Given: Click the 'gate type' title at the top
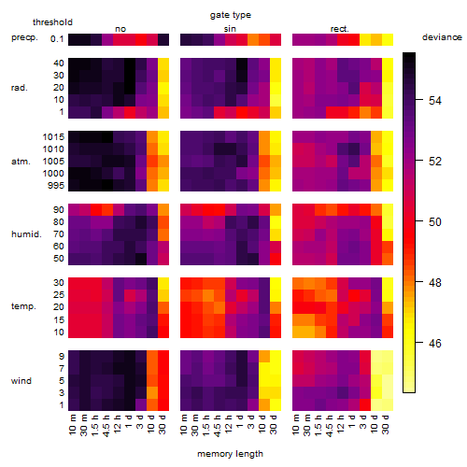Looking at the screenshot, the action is tap(231, 15).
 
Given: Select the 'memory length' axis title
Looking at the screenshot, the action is tap(230, 454).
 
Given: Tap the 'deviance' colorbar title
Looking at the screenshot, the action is tap(442, 37).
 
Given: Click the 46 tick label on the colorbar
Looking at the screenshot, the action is tap(435, 343).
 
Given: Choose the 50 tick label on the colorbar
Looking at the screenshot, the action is tap(435, 222).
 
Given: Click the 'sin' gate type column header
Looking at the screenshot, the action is tap(230, 29).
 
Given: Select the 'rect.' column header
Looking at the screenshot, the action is tap(340, 29).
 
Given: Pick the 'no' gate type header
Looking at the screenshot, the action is tap(120, 29).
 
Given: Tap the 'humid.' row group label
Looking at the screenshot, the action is tap(26, 234).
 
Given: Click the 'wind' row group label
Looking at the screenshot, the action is tap(21, 381).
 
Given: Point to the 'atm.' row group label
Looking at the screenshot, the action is tap(21, 162).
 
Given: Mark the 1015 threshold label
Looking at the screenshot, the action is tap(53, 137).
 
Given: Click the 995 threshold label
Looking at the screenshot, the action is tap(56, 186).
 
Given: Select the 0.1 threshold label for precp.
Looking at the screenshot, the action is tap(57, 39).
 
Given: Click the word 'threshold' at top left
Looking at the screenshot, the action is tap(52, 22).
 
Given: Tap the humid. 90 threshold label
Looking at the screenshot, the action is tap(59, 210).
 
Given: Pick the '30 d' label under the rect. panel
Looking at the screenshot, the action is tap(386, 424).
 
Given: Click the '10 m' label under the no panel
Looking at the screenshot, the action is tap(72, 424).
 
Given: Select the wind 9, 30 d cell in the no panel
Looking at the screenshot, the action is tap(163, 356).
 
